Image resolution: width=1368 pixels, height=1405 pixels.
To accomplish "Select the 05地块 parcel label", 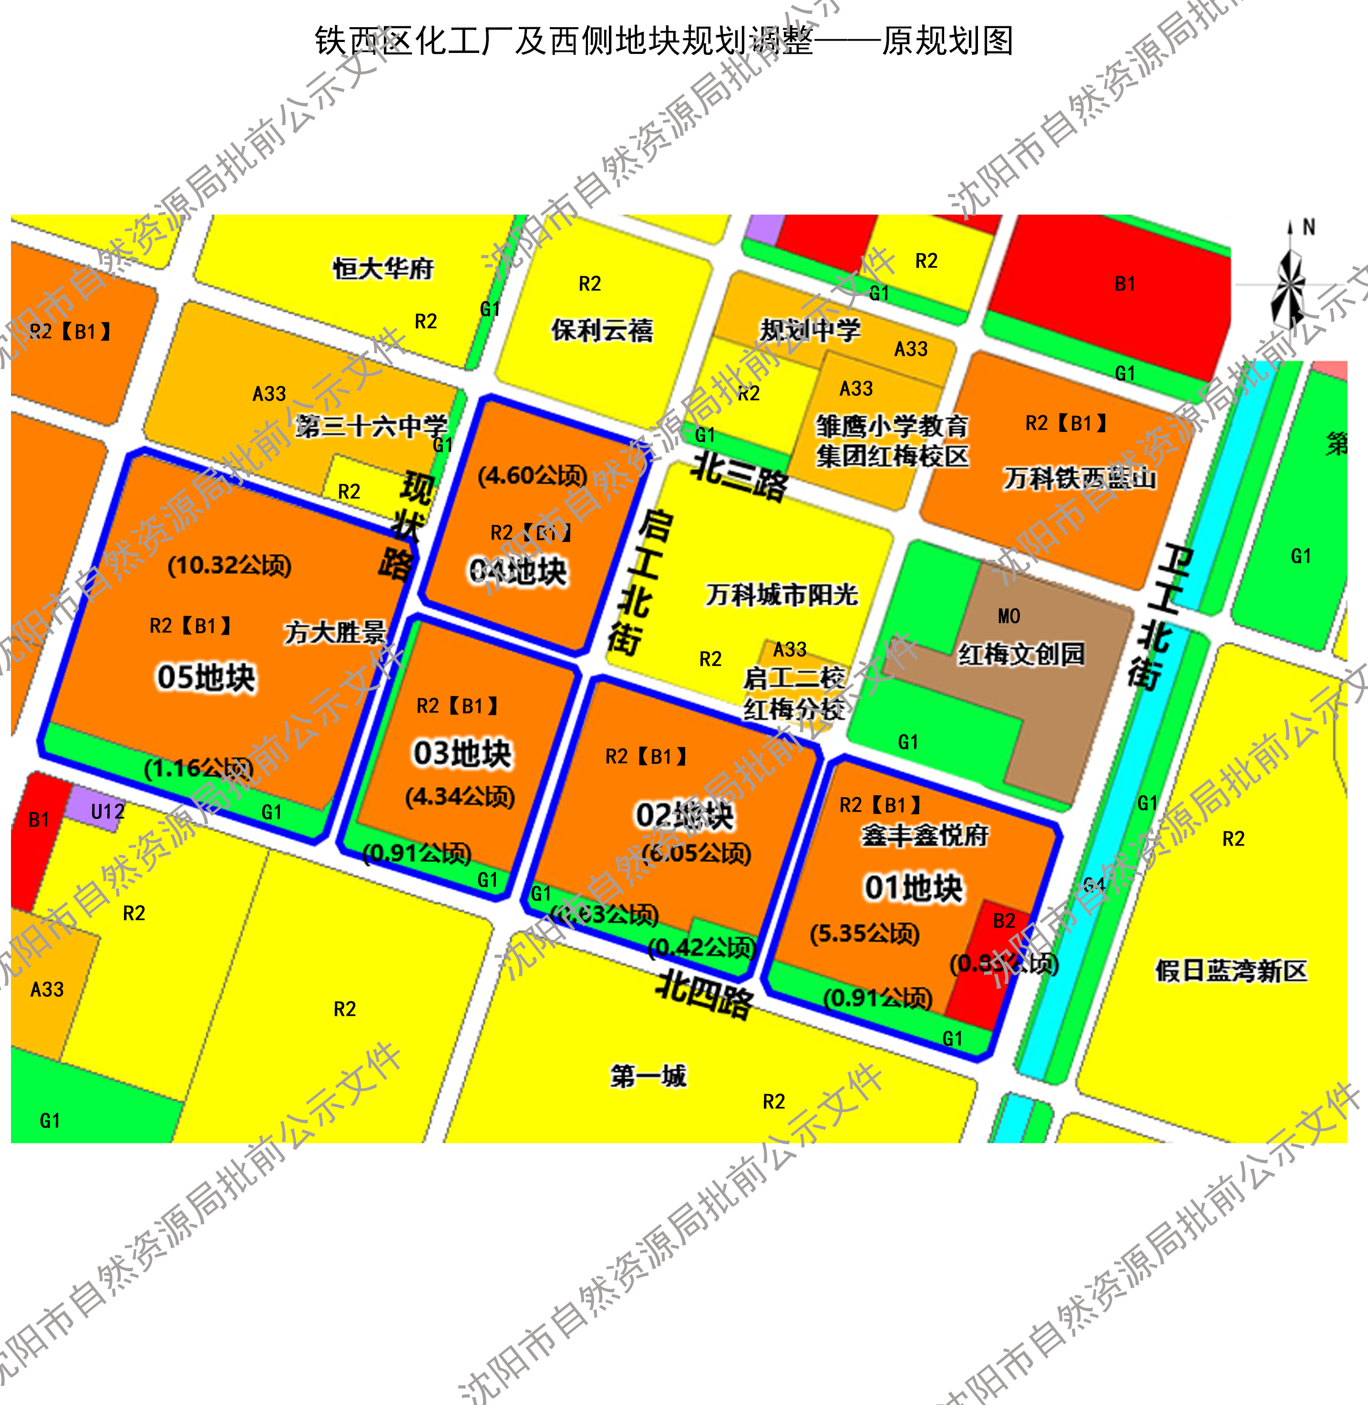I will coord(206,677).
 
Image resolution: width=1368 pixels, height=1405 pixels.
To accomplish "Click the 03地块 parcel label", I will coord(462,753).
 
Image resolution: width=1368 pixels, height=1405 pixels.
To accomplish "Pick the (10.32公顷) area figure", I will coord(229,565).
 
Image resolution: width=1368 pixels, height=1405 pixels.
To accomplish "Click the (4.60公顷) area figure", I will coord(533,475).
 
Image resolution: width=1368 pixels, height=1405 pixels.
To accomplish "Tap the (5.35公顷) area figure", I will coord(864,933).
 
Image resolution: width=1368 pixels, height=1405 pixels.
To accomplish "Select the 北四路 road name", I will coord(705,995).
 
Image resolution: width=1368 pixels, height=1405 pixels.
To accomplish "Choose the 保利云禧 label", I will coord(602,330).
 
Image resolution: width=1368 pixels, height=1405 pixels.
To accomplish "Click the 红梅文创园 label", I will coord(1021,654).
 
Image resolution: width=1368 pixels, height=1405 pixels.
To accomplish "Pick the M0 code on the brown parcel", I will coord(1009,616).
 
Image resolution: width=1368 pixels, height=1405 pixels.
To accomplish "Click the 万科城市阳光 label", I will coord(782,594).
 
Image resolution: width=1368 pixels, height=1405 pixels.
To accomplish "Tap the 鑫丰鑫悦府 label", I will coord(925,835).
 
